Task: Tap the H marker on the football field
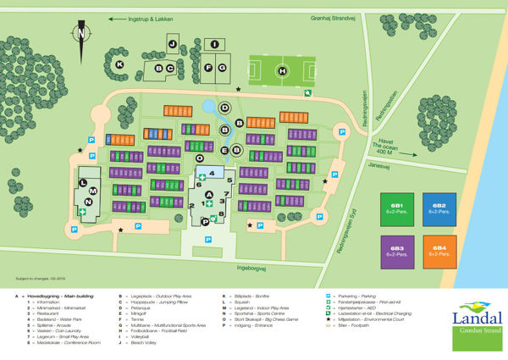[282, 71]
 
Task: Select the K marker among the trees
[119, 64]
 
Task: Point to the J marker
[172, 43]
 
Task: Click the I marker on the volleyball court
[214, 44]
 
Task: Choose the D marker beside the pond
[224, 108]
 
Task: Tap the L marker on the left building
[83, 181]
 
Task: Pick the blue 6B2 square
[439, 208]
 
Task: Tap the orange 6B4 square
[439, 252]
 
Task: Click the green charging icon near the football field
[308, 93]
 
